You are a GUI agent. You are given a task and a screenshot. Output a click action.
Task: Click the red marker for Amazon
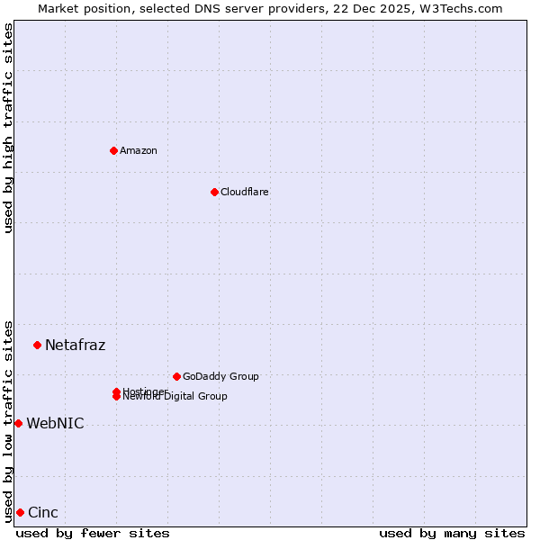[113, 150]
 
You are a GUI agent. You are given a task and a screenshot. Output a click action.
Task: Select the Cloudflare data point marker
[214, 192]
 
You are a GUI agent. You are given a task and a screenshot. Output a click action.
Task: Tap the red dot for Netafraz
[37, 345]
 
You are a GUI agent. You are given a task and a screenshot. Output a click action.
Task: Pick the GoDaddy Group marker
[176, 376]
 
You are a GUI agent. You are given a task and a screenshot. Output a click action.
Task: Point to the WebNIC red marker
[18, 423]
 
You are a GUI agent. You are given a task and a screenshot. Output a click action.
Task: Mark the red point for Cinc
[20, 512]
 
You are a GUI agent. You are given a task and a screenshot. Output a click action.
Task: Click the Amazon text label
[139, 150]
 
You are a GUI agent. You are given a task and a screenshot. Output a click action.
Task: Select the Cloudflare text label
[245, 192]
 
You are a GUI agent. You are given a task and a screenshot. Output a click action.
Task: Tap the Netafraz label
[76, 345]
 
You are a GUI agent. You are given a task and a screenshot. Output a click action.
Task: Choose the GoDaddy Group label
[220, 376]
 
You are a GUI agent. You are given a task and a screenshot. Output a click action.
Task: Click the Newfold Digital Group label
[175, 397]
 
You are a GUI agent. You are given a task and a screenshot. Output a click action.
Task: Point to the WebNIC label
[56, 423]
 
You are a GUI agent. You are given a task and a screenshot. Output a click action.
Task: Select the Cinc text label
[43, 512]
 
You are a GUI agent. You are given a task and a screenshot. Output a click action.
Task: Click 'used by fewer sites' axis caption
[93, 533]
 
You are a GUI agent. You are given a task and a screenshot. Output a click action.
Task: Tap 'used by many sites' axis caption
[452, 533]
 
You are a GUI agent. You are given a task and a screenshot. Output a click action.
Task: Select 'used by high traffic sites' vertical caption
[8, 128]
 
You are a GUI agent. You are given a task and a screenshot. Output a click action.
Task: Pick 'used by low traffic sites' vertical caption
[8, 420]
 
